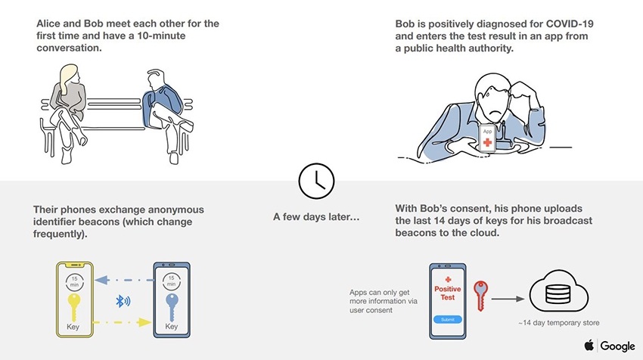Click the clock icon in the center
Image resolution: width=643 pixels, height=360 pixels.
point(316,181)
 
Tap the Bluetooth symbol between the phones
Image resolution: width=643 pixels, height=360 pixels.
point(123,301)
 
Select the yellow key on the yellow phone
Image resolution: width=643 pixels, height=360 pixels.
point(74,307)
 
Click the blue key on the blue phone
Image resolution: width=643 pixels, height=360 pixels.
point(172,307)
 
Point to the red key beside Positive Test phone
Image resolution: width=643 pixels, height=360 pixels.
point(480,295)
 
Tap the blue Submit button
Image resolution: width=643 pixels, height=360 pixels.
point(447,319)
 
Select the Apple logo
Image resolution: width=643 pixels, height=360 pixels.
point(589,345)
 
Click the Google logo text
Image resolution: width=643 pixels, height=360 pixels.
point(617,346)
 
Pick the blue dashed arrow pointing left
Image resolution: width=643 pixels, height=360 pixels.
point(124,281)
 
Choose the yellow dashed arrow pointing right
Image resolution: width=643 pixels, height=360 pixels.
point(122,322)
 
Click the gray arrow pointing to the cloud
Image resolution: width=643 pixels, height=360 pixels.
point(508,299)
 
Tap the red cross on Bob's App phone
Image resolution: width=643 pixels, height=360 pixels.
point(487,142)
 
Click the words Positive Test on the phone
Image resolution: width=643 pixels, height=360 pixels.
point(447,293)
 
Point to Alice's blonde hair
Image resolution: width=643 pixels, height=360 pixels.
point(69,77)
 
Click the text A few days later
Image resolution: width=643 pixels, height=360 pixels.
point(316,216)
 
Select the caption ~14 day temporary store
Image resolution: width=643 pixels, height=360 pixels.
point(558,323)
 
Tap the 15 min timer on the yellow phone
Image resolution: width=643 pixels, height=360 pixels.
point(74,281)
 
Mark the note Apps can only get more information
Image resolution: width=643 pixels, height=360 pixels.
point(384,301)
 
